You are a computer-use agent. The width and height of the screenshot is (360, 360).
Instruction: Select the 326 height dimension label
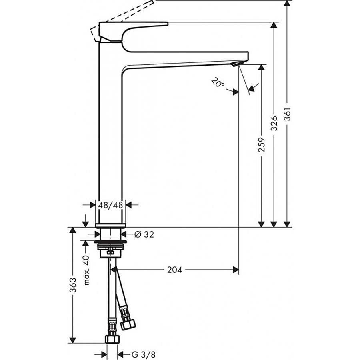274,124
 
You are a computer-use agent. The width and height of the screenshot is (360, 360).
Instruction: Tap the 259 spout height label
261,145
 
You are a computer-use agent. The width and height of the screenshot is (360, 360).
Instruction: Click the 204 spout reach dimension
174,270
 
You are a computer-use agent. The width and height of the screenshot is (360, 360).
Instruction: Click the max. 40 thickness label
86,270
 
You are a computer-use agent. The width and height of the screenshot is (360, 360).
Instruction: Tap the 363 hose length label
73,285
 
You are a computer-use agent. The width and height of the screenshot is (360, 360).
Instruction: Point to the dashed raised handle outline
120,14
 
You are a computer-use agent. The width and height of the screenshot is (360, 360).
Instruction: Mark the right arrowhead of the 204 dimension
236,270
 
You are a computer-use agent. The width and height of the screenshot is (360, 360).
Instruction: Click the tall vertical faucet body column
110,132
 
